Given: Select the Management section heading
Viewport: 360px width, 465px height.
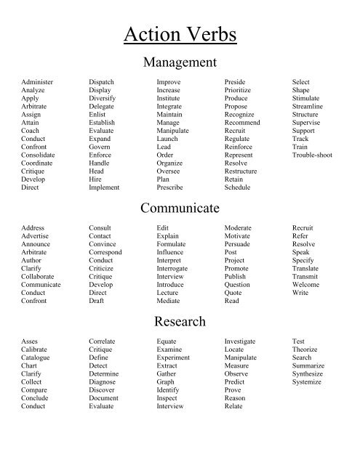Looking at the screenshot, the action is click(180, 62).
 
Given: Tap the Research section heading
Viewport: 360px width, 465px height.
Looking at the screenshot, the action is click(180, 321).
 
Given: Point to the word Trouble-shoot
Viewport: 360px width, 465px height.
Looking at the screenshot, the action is click(312, 155).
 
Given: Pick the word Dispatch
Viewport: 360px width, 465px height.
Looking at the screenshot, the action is click(101, 83).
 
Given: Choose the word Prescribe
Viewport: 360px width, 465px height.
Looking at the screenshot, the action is click(169, 187).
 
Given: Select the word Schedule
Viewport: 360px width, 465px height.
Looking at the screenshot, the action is click(237, 187).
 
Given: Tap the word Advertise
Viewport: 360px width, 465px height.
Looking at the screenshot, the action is click(36, 237).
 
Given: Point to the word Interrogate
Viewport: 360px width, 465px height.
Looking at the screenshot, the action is click(172, 269).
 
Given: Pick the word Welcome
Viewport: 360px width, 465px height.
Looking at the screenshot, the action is click(305, 285).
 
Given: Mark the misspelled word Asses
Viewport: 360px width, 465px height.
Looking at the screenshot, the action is click(30, 341).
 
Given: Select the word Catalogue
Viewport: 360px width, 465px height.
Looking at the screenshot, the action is click(36, 357).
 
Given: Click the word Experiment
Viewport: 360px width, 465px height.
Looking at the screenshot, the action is click(173, 357).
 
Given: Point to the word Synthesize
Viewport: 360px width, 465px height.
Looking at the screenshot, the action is click(308, 373).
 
